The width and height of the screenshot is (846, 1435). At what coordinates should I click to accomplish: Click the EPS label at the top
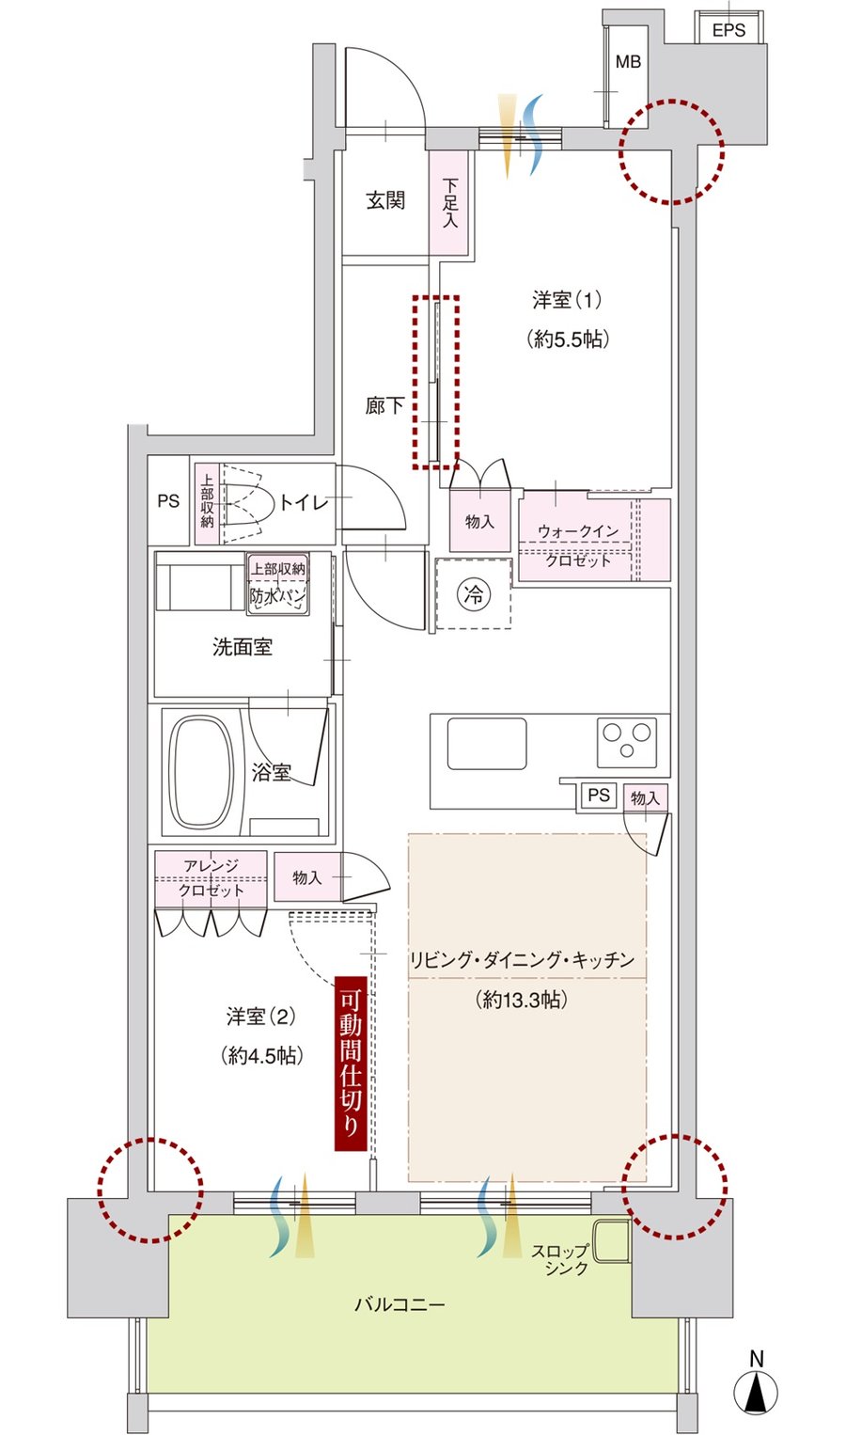[x=728, y=30]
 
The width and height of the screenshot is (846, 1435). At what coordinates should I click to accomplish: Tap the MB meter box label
[x=628, y=61]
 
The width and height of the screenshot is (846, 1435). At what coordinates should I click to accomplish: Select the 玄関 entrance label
[x=385, y=200]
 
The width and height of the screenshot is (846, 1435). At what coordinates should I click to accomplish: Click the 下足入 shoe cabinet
[x=450, y=202]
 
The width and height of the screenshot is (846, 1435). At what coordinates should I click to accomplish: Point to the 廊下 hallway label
[x=384, y=405]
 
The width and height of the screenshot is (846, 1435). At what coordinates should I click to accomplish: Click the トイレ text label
[x=305, y=502]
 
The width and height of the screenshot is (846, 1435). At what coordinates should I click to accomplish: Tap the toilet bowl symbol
[x=246, y=503]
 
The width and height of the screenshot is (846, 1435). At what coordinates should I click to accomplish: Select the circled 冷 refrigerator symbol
[x=473, y=594]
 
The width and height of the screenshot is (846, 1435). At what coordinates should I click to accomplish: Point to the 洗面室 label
[x=243, y=647]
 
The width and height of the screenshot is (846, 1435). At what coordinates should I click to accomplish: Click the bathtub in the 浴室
[x=201, y=771]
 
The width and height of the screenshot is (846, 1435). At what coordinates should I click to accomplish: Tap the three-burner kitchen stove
[x=627, y=742]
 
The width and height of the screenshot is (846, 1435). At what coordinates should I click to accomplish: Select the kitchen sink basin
[x=487, y=743]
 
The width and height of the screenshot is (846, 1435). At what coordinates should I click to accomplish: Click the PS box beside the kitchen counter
[x=599, y=795]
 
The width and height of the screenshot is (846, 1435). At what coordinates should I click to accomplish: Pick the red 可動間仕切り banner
[x=351, y=1064]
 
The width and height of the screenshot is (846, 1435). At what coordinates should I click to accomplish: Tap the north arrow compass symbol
[x=757, y=1387]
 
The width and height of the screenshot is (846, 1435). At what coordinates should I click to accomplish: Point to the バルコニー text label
[x=399, y=1304]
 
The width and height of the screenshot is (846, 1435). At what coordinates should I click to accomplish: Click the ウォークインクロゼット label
[x=578, y=545]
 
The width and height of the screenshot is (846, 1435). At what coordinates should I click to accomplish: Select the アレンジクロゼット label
[x=211, y=877]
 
